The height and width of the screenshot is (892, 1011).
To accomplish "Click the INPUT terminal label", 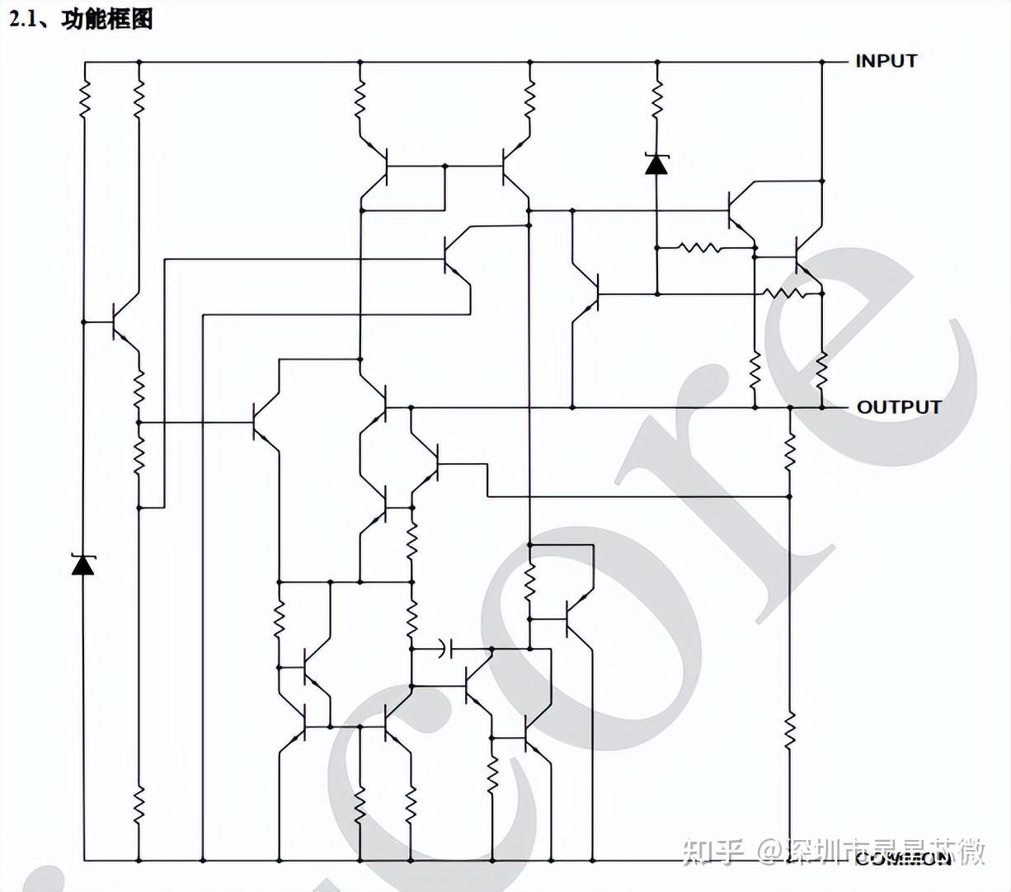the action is click(886, 61).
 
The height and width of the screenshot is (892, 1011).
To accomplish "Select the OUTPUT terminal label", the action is click(898, 407).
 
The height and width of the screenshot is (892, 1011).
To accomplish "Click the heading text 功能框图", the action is click(107, 18).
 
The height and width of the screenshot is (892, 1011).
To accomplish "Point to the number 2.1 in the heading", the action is click(25, 18).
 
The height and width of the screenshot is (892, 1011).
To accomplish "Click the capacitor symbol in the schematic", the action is click(446, 649).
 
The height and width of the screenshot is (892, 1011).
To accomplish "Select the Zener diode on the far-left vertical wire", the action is click(82, 565).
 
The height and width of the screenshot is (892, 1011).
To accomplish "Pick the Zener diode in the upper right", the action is click(656, 164).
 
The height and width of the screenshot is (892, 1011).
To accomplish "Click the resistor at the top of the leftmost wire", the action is click(83, 101).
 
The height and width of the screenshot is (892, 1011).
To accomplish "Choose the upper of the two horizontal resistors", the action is click(698, 246).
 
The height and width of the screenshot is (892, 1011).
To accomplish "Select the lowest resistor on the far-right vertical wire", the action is click(789, 730).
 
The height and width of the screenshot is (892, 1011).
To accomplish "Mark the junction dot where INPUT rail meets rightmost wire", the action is click(822, 62).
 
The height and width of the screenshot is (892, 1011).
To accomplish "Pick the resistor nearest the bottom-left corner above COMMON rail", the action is click(139, 803).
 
